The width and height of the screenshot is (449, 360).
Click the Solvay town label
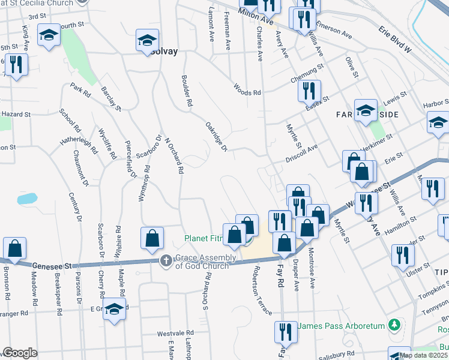[x=164, y=52]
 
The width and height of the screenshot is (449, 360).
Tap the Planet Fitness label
[x=203, y=239]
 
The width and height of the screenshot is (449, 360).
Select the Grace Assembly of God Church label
[x=206, y=262]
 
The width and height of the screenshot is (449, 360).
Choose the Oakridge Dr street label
[x=215, y=136]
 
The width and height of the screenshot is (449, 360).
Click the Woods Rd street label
[x=248, y=92]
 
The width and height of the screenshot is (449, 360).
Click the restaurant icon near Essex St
[x=309, y=91]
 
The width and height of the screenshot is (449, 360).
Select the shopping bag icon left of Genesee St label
[x=14, y=248]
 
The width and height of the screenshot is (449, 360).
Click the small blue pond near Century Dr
[x=26, y=198]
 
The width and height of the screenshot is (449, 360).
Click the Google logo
[x=20, y=353]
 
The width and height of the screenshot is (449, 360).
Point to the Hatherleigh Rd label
[x=78, y=145]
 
